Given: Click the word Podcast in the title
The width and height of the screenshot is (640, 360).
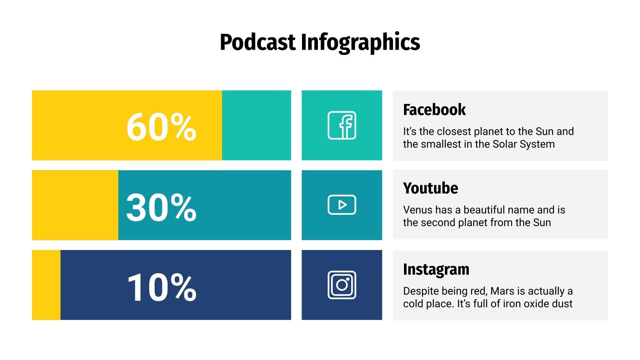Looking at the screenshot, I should tap(257, 42).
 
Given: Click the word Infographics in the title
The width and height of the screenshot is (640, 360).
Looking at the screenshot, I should tap(360, 43).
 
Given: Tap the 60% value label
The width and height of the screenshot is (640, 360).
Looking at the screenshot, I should tap(161, 127).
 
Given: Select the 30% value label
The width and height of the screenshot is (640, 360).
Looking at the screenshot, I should tap(161, 207).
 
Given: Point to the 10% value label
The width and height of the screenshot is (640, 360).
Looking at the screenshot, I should tap(161, 287).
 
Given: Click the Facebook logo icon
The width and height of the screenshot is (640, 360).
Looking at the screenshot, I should tap(342, 125).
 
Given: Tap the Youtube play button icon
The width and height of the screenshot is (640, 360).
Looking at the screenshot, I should tap(342, 205).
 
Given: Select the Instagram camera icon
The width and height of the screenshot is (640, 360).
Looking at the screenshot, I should tap(342, 285).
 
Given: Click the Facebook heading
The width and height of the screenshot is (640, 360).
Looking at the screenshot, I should tap(434, 110).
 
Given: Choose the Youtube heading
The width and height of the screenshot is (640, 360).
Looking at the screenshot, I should tap(430, 188).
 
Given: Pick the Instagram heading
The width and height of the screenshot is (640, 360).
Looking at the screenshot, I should tap(436, 270).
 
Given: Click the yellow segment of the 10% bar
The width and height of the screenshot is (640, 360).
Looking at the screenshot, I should tap(46, 285).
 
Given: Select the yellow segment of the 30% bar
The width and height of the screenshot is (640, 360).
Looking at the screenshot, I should tap(75, 205).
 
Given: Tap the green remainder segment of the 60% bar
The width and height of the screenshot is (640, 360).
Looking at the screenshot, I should tap(256, 125).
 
